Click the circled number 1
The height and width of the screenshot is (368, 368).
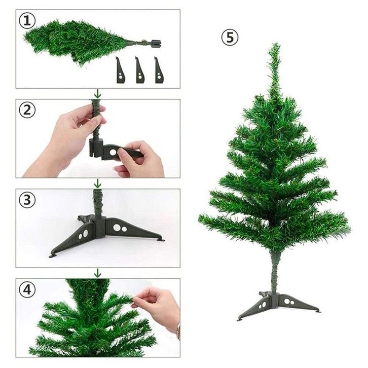click(27, 21)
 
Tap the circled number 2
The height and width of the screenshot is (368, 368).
click(27, 111)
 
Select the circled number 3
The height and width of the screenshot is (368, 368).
click(27, 200)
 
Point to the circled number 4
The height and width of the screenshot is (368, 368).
click(27, 289)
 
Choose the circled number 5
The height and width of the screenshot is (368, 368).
click(230, 38)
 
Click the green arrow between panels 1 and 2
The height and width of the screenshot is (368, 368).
click(98, 94)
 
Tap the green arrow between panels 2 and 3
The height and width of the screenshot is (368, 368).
click(98, 183)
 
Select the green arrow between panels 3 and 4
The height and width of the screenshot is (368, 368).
click(98, 273)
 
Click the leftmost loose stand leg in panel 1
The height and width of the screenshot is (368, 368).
click(121, 71)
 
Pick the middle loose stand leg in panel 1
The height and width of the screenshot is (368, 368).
click(140, 71)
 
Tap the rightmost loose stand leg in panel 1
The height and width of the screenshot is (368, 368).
click(159, 71)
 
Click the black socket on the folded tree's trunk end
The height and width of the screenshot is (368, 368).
click(156, 44)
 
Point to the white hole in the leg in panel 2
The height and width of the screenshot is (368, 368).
click(113, 152)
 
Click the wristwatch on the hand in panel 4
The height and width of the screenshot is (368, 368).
click(178, 332)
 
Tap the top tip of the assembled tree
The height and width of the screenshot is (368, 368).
click(276, 44)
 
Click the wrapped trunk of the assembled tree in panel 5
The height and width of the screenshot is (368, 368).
click(275, 272)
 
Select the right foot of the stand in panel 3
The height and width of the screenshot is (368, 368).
click(161, 240)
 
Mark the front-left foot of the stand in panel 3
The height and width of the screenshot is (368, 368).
click(54, 255)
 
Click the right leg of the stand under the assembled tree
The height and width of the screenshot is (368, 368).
click(299, 303)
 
